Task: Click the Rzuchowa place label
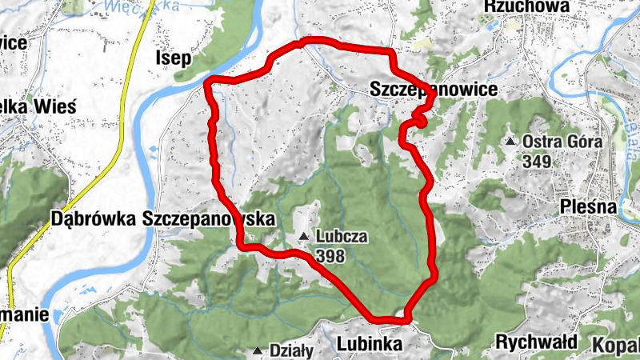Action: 526,6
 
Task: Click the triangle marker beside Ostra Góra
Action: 510,142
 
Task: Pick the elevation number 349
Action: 538,161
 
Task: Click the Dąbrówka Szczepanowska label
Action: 162,218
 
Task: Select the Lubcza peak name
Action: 342,237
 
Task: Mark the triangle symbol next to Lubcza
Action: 304,237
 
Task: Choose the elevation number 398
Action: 330,255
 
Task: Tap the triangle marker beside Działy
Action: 258,350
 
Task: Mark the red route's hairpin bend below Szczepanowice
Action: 418,120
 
